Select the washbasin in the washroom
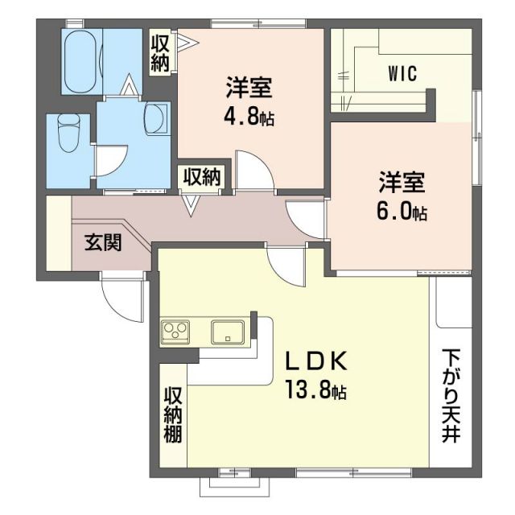point(154,119)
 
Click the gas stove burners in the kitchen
point(175,331)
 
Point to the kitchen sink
point(228,331)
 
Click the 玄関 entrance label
point(103,241)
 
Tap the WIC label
point(402,75)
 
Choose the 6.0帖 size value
point(402,211)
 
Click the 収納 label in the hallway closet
point(204,176)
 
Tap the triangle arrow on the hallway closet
point(192,205)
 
